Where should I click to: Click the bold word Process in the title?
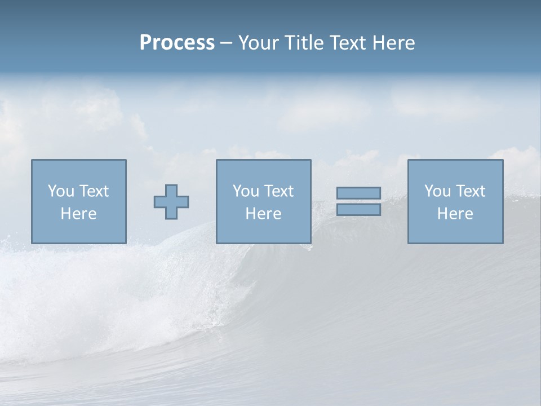(x=177, y=43)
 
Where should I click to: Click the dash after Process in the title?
(x=226, y=43)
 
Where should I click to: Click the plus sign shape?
(x=171, y=201)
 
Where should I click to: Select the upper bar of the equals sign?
(x=358, y=193)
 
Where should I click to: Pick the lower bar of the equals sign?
(x=358, y=210)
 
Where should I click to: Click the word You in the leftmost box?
(x=61, y=191)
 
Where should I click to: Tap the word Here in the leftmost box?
(x=78, y=214)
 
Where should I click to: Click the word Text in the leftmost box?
(x=94, y=191)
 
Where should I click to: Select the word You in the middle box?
(x=246, y=191)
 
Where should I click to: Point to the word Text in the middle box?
(x=278, y=191)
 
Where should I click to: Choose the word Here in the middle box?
(x=263, y=214)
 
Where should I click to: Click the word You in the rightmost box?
(x=437, y=191)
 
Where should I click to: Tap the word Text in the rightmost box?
(x=470, y=191)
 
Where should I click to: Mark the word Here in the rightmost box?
(x=455, y=214)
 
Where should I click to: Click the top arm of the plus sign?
(x=171, y=189)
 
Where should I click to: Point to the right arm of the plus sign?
(x=183, y=201)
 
